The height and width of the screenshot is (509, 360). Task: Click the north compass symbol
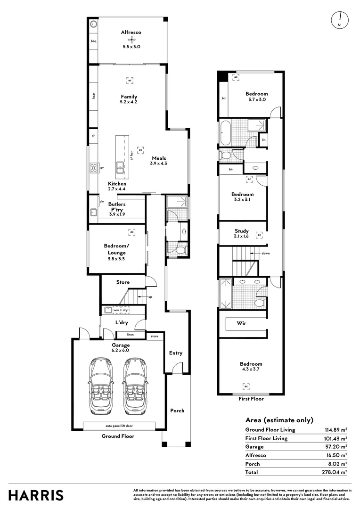pos(339,19)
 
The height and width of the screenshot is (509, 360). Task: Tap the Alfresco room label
pos(131,32)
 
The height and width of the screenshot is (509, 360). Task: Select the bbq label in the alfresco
pos(93,41)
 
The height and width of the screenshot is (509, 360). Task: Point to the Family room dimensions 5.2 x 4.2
pos(129,102)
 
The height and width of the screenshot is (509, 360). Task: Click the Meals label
pos(158,158)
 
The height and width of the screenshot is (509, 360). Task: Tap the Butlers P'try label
pos(117,207)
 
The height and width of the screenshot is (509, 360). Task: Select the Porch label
pos(177,410)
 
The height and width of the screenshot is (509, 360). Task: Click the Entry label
pos(175,353)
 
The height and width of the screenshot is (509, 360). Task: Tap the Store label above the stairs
pos(123,282)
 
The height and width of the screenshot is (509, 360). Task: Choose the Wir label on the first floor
pos(242,324)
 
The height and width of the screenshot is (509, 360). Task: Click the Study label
pos(242,231)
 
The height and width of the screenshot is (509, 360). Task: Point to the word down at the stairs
pos(266,253)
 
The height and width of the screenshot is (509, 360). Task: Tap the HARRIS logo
pos(36,495)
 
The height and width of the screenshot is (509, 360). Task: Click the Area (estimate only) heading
pos(279,420)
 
